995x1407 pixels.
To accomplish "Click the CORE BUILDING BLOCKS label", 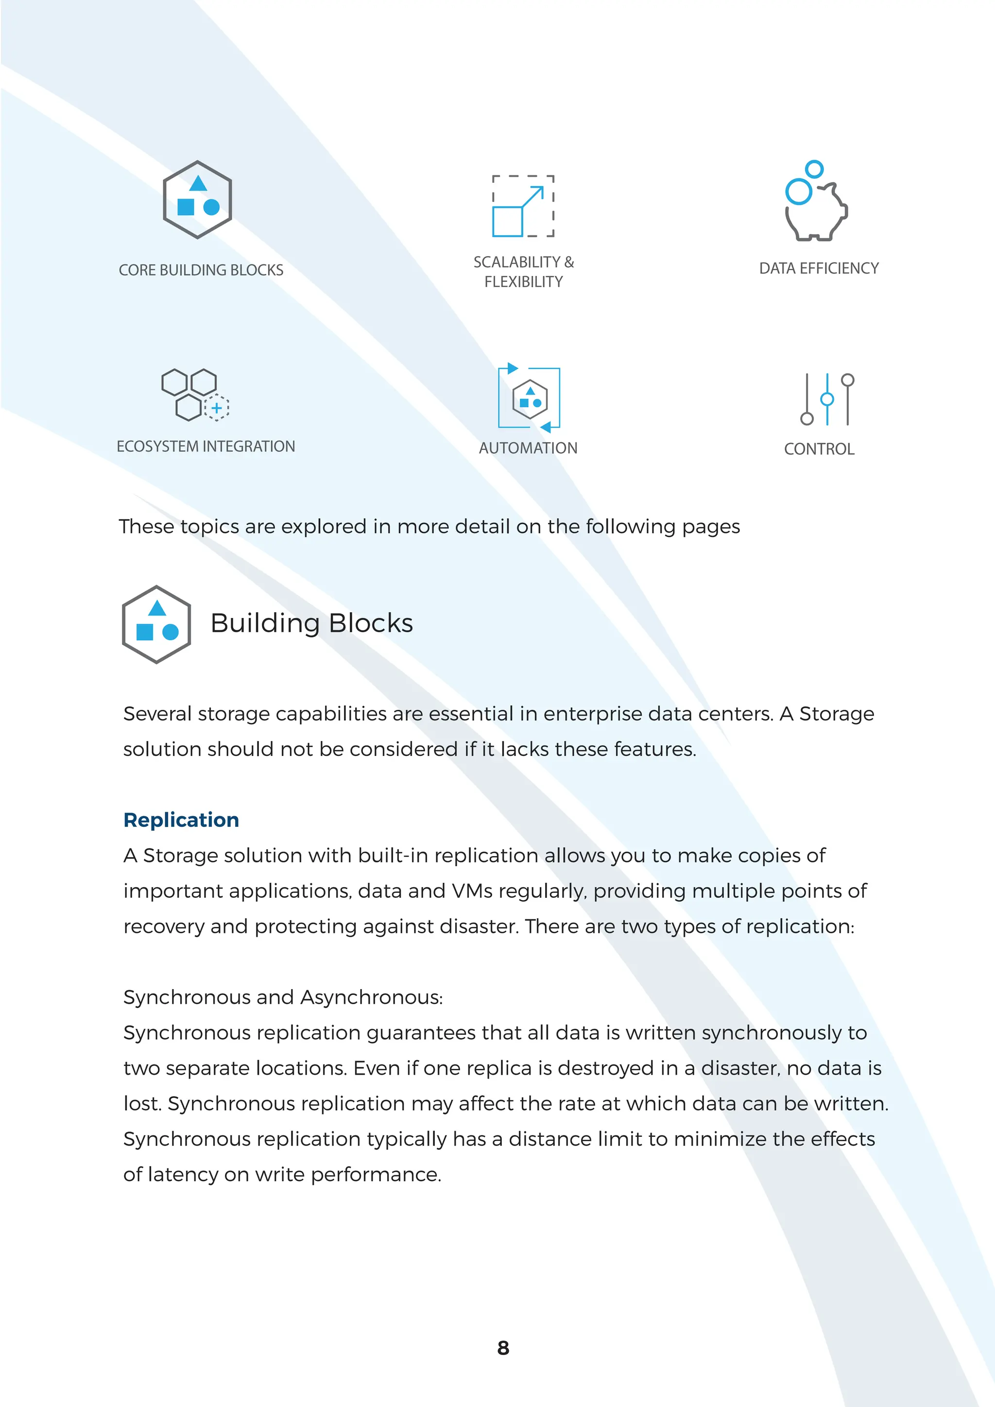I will tap(201, 270).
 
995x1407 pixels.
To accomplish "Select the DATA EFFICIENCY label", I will tap(819, 268).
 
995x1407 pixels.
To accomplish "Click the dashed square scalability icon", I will tap(523, 206).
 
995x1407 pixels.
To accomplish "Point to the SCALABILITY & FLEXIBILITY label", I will tap(523, 272).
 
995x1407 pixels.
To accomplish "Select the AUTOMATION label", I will tap(528, 448).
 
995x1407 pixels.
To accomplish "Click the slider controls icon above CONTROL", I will tap(826, 399).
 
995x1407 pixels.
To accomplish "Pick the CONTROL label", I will tap(819, 449).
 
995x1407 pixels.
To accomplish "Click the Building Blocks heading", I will tap(311, 623).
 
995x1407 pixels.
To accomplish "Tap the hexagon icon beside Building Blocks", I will tap(157, 624).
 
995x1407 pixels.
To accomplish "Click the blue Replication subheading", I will tap(181, 820).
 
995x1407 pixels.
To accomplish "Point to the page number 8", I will tap(503, 1348).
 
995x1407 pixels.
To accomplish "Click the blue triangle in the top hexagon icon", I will tap(197, 183).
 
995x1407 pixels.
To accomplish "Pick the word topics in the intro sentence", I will tap(209, 527).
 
